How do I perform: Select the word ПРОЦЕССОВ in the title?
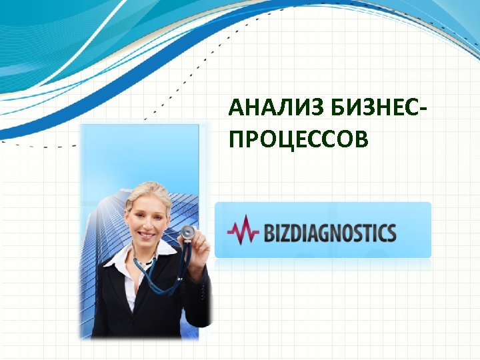(x=297, y=139)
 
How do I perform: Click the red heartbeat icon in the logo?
(x=243, y=230)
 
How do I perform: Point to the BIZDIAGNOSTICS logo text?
(x=330, y=233)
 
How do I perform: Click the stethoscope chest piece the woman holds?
(x=188, y=233)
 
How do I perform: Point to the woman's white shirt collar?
(x=120, y=257)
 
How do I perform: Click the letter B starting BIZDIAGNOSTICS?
(x=271, y=233)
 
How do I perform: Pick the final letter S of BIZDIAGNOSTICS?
(x=391, y=233)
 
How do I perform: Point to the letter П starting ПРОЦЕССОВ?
(x=235, y=139)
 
